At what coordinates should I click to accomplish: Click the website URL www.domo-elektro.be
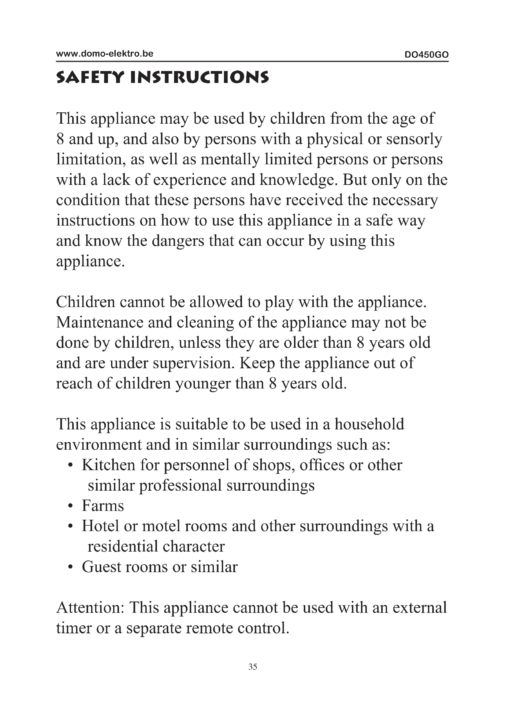click(x=105, y=54)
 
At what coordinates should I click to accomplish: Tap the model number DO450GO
click(x=426, y=55)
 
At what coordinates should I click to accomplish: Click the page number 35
click(x=253, y=667)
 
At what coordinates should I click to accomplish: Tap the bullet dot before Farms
click(x=71, y=506)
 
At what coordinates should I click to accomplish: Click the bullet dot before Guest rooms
click(x=71, y=567)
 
